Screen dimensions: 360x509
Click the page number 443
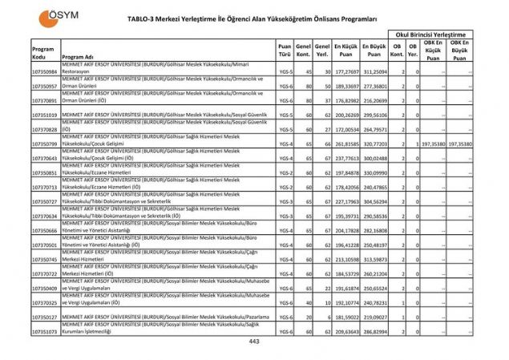[254, 342]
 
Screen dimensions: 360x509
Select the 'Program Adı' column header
[79, 58]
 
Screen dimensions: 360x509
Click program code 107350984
[44, 72]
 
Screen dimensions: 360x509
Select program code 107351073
[44, 331]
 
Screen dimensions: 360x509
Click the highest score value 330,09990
[374, 172]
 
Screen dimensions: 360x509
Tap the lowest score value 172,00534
[345, 129]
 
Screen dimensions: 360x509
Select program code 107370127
[44, 317]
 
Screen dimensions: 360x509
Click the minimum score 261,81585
[345, 144]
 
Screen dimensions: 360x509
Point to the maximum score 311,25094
[374, 72]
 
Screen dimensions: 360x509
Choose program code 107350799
[44, 144]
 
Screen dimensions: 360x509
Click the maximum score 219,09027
[374, 317]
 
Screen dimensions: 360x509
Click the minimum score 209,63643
[345, 331]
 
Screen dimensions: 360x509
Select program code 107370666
[44, 230]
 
